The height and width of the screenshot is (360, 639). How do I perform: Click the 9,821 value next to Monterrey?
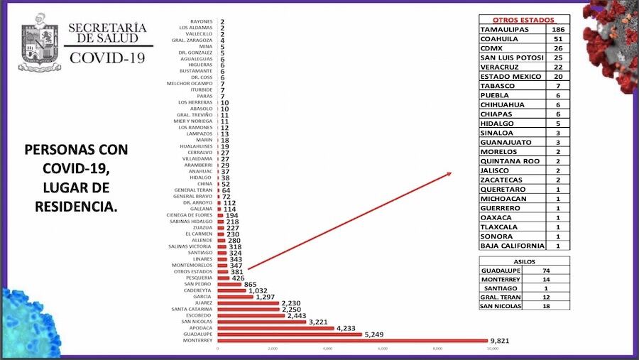pyautogui.click(x=500, y=341)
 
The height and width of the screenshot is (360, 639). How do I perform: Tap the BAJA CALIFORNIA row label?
pyautogui.click(x=512, y=246)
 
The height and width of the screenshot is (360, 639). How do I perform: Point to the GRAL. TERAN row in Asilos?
pyautogui.click(x=501, y=297)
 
